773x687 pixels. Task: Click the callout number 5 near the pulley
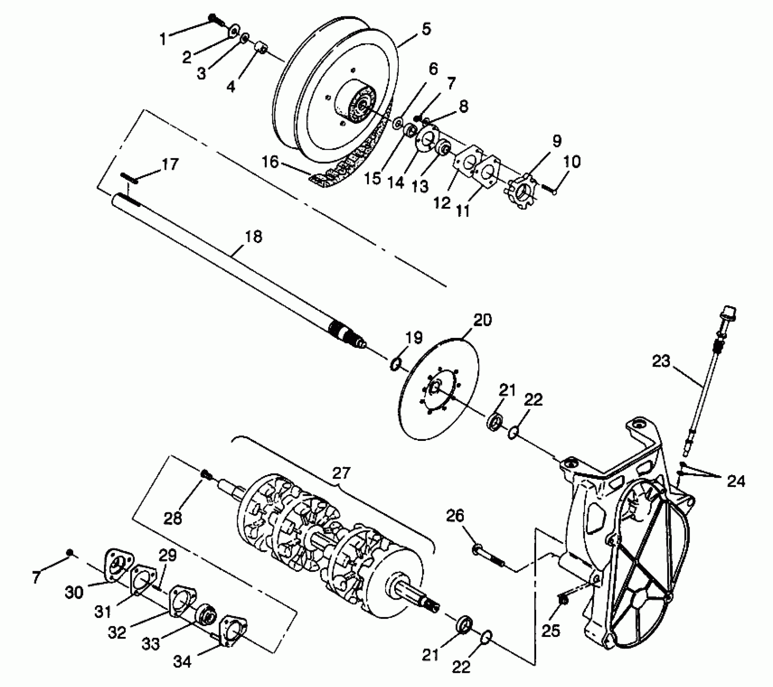tap(425, 29)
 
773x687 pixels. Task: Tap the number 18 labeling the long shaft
tap(253, 237)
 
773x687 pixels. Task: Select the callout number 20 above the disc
tap(482, 320)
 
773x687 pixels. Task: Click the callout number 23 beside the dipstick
tap(661, 362)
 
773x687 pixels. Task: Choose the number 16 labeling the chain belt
tap(270, 162)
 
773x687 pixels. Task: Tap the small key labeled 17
tap(129, 178)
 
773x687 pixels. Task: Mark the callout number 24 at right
tap(735, 481)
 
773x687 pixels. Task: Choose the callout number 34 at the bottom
tap(182, 662)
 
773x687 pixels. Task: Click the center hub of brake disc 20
tap(435, 387)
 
